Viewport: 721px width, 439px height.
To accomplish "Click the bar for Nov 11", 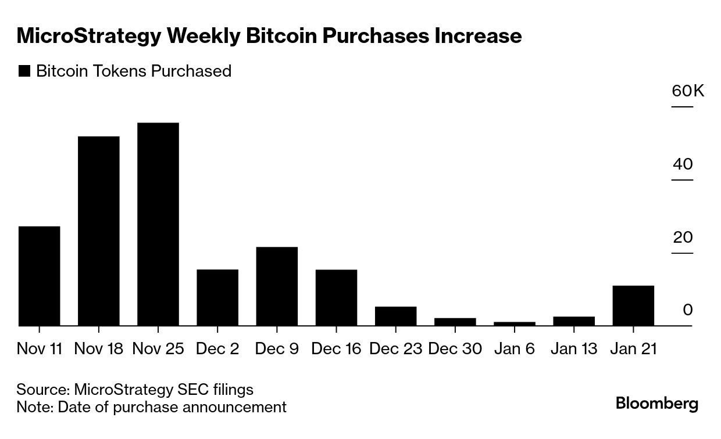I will [x=39, y=276].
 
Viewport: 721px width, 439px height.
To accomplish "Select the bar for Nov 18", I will [x=98, y=231].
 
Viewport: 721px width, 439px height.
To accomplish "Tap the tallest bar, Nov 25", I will [x=158, y=224].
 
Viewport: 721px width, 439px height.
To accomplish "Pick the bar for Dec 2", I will [x=217, y=297].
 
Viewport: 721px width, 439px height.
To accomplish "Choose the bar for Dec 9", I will [x=277, y=286].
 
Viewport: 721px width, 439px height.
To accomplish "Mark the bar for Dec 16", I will [x=336, y=297].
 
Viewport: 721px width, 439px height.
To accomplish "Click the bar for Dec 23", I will [x=395, y=316].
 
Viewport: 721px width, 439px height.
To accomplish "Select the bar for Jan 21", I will [x=633, y=305].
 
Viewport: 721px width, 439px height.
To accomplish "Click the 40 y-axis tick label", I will [x=683, y=164].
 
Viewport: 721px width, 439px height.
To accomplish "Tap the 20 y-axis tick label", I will [x=683, y=238].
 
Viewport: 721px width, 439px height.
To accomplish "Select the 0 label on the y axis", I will [x=688, y=310].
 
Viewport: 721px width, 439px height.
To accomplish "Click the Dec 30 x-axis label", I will [x=455, y=349].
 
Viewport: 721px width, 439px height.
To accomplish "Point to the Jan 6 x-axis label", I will [x=515, y=349].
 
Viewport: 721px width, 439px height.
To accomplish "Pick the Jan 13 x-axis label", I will [x=573, y=349].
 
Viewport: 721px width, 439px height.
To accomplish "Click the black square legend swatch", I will [x=24, y=71].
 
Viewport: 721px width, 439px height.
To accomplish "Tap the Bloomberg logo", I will [x=657, y=403].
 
